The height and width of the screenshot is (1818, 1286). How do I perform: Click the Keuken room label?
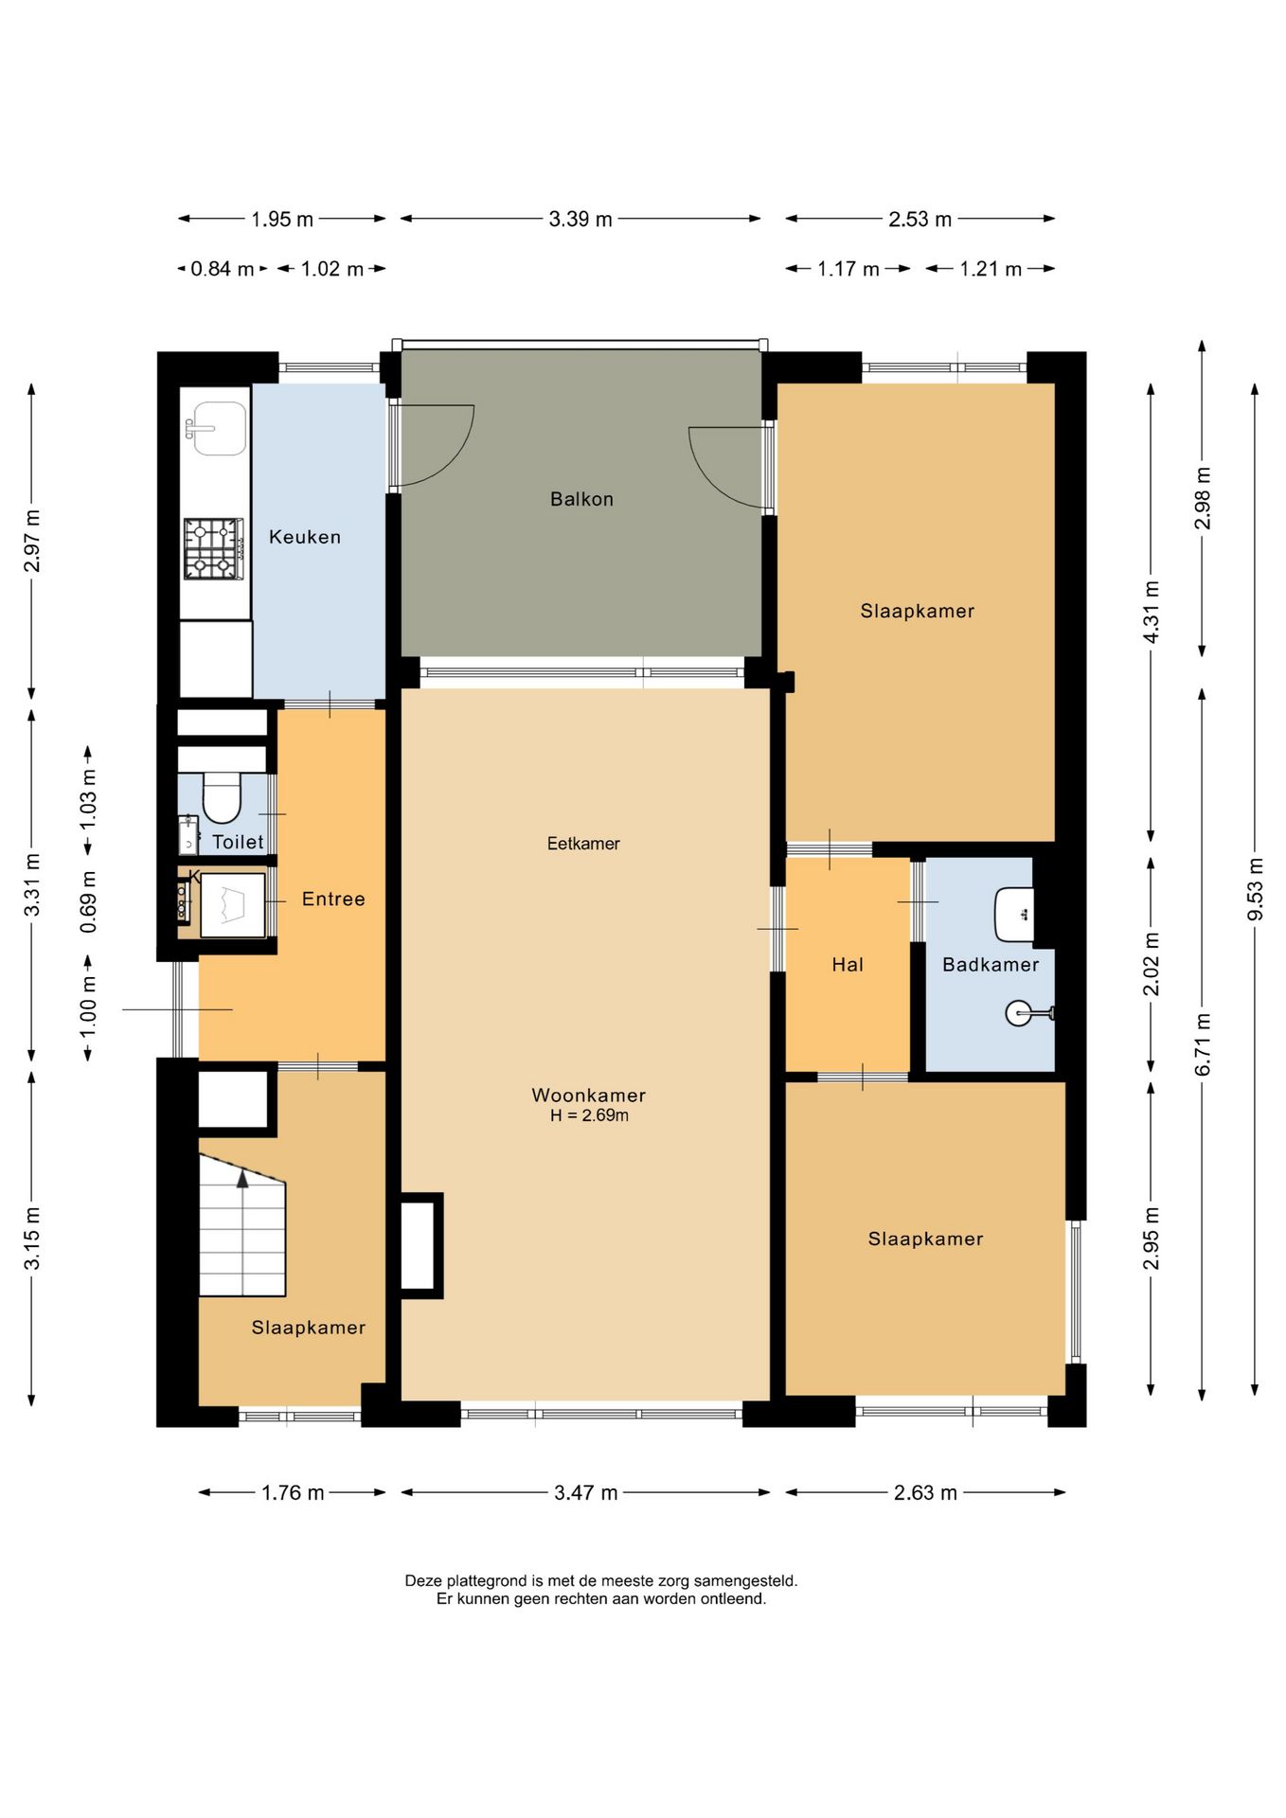tap(304, 537)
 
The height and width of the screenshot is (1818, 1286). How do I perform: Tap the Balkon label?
tap(581, 499)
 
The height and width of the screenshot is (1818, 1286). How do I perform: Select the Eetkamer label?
tap(583, 844)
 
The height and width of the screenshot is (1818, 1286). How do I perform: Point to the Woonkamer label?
tap(588, 1095)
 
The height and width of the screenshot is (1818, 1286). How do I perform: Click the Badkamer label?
tap(991, 965)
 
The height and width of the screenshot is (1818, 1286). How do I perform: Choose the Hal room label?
tap(848, 965)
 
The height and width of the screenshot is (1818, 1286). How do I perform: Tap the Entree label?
tap(333, 900)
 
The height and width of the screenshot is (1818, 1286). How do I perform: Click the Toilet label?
tap(238, 842)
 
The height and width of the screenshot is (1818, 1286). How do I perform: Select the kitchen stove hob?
tap(213, 549)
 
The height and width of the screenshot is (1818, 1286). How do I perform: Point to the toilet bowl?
tap(223, 797)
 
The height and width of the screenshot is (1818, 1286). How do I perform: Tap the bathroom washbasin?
tap(1014, 915)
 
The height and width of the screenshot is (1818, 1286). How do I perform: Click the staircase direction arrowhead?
tap(242, 1178)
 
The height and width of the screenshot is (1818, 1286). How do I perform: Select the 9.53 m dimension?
tap(1255, 889)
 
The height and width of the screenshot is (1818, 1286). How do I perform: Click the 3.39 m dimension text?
tap(580, 219)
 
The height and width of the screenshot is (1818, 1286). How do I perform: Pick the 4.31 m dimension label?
tap(1152, 612)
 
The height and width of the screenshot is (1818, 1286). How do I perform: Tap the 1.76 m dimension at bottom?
tap(293, 1493)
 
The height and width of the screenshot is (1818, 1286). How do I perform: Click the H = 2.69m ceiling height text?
tap(589, 1115)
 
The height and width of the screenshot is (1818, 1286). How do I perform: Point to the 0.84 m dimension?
tap(223, 269)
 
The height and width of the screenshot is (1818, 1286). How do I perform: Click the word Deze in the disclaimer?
tap(424, 1580)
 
